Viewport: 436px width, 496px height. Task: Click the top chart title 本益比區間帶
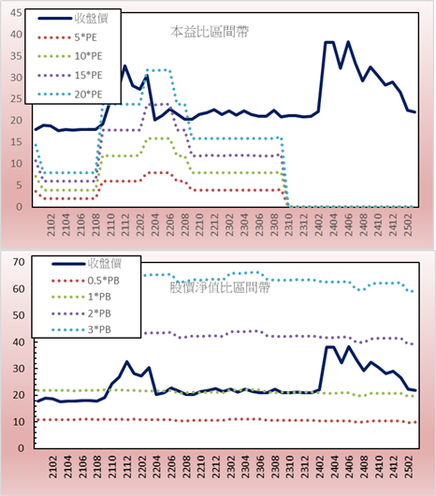click(210, 32)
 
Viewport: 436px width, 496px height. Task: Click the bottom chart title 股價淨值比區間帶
click(220, 287)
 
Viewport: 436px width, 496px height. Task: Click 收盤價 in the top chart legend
click(92, 19)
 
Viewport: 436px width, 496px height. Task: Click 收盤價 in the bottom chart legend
click(105, 263)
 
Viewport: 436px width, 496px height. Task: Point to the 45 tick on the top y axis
click(17, 13)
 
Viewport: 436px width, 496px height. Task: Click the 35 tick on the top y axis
click(17, 56)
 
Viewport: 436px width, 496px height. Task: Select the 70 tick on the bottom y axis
click(19, 262)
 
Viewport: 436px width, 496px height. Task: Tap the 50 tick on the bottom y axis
click(19, 315)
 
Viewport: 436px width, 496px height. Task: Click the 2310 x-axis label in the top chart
click(289, 225)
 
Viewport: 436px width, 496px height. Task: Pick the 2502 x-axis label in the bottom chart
click(411, 467)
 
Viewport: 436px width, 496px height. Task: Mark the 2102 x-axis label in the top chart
click(51, 225)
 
